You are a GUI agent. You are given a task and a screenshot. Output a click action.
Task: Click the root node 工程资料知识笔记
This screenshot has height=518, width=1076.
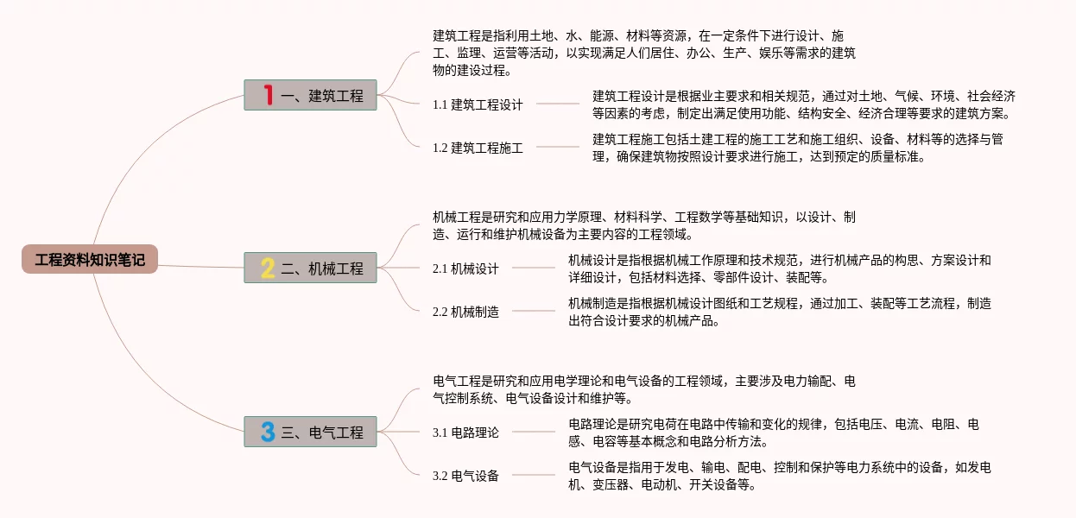(90, 259)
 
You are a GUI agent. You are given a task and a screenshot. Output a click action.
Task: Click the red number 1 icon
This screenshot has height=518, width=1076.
(268, 95)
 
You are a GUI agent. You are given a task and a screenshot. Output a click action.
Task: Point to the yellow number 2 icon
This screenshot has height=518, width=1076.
(268, 268)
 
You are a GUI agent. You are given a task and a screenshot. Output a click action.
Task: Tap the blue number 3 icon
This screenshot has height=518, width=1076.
(268, 432)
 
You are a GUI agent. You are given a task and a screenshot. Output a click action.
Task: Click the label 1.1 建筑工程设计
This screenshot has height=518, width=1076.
(478, 104)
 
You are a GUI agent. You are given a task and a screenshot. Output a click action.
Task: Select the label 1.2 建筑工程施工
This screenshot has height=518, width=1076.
(478, 148)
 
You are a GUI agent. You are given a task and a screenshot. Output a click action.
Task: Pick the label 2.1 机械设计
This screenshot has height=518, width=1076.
(465, 268)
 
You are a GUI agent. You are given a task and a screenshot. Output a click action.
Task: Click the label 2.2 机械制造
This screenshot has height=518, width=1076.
(465, 312)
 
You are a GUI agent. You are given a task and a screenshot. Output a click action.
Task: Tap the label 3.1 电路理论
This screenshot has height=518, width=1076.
(465, 433)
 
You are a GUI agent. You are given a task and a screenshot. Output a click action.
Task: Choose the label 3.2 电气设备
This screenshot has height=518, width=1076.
(465, 476)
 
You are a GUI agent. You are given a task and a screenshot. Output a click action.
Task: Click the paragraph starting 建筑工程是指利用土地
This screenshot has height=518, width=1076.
(643, 53)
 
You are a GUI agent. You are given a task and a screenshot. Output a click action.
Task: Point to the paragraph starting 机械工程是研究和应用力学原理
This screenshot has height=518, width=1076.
(643, 225)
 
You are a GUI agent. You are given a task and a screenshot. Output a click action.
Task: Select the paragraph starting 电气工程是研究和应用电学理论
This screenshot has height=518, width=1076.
(643, 389)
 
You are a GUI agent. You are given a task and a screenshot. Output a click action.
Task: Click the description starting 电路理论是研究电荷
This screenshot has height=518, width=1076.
(773, 433)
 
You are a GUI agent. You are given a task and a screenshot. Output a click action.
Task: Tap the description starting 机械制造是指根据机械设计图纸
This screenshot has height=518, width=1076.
(779, 312)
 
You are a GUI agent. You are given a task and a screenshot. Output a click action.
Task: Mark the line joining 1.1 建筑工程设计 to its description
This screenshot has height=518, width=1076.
(558, 104)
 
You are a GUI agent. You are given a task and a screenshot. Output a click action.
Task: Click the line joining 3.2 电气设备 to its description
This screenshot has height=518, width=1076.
(534, 475)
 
